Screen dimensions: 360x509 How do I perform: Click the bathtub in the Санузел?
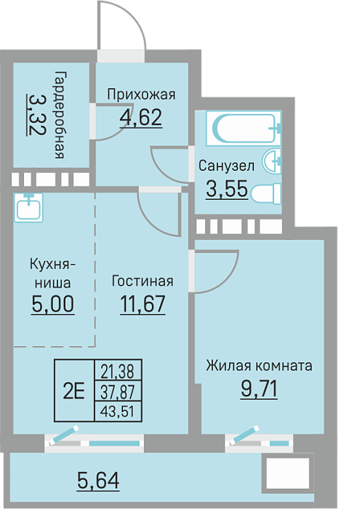tap(244, 128)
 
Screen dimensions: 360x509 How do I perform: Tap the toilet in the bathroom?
tap(266, 194)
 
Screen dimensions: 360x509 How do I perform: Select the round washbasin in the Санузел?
tap(272, 161)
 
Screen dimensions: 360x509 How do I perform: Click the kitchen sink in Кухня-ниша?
tap(28, 208)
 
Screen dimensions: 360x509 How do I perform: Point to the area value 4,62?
tap(141, 118)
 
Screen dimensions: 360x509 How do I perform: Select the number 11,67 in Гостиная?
tap(143, 304)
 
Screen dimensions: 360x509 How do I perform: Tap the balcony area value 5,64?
tap(98, 481)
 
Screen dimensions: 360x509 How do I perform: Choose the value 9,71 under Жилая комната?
tap(259, 389)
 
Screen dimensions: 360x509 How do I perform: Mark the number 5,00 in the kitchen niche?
tap(53, 304)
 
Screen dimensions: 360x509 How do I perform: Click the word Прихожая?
tap(141, 95)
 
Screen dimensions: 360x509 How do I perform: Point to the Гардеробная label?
tap(60, 115)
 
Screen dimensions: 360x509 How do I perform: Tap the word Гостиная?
tap(143, 281)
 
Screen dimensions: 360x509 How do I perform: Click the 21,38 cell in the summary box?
tap(117, 372)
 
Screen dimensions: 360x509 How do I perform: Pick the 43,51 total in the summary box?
tap(117, 412)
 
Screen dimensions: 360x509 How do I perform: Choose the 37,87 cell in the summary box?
tap(117, 392)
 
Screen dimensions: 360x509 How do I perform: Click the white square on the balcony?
tap(287, 473)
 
